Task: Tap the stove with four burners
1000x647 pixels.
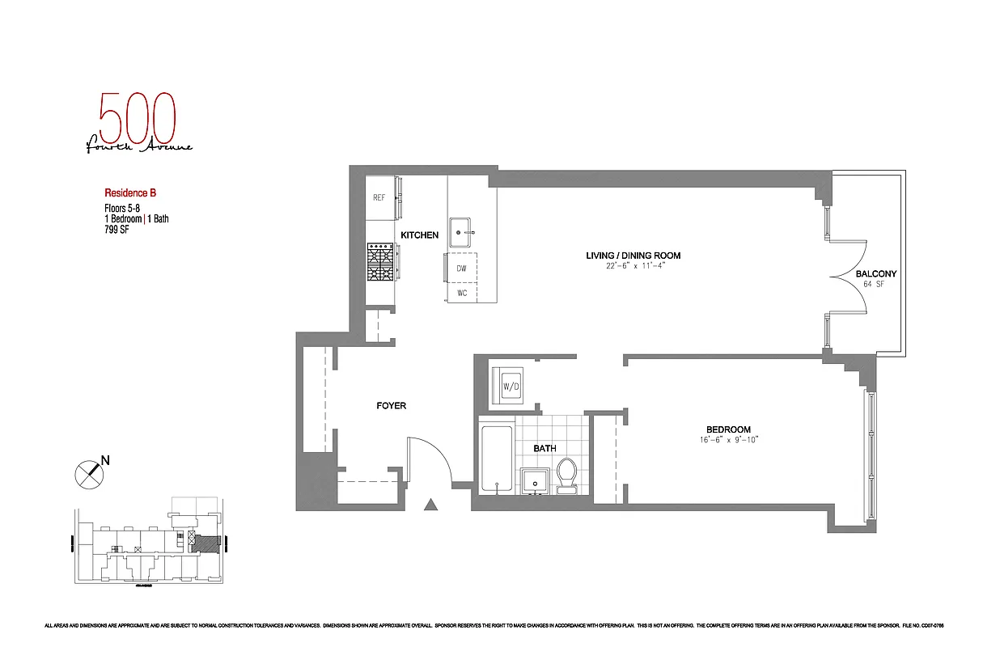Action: [380, 263]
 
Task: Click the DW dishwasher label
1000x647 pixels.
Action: [461, 268]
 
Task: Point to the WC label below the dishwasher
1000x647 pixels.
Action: [462, 293]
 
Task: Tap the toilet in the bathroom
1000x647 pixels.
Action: [566, 474]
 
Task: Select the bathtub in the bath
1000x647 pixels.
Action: [495, 458]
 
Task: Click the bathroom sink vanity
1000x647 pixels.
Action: [534, 480]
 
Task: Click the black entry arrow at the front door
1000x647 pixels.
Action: [431, 505]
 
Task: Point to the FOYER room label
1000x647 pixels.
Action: [391, 405]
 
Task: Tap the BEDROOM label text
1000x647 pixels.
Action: [728, 429]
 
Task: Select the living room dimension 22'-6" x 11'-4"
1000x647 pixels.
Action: [633, 266]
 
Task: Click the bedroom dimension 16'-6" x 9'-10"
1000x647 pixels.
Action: [728, 440]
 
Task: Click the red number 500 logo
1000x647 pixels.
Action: [136, 117]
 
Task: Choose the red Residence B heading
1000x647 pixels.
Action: [129, 193]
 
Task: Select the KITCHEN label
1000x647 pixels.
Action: [419, 235]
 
